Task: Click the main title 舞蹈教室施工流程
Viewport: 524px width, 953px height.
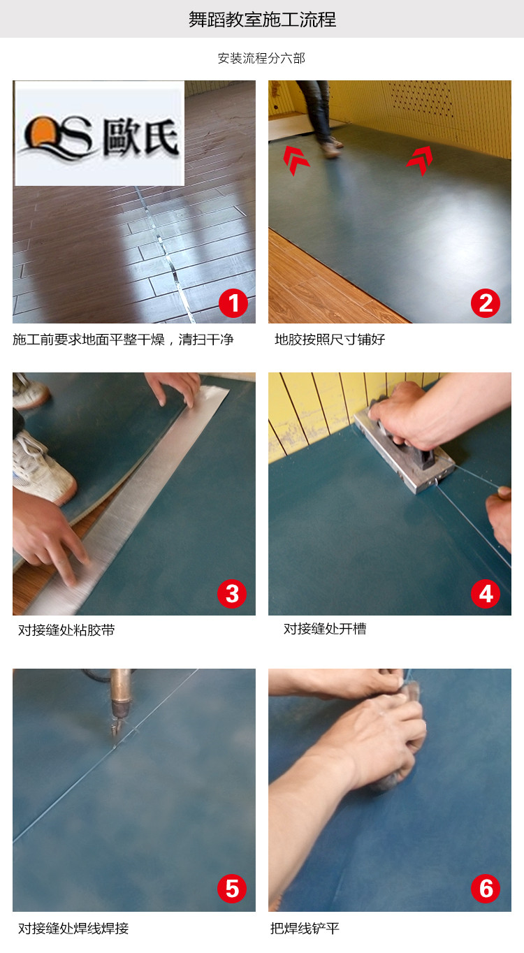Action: pos(262,20)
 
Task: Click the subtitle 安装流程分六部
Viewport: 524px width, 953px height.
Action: pos(261,59)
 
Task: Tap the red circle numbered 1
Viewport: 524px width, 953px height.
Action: pos(233,303)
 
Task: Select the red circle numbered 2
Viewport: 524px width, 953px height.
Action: pos(486,303)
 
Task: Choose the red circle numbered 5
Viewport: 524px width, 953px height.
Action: pos(233,889)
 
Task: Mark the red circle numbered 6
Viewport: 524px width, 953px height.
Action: pos(486,889)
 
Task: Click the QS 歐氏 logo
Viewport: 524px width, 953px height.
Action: pos(99,134)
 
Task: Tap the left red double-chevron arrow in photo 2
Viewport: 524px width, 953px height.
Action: pos(296,159)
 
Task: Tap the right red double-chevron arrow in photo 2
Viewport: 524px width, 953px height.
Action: pos(419,160)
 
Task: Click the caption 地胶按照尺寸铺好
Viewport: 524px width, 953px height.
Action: pos(330,340)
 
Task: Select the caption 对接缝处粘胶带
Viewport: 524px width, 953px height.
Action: pos(66,630)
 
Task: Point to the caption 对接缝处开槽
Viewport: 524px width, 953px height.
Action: pos(325,629)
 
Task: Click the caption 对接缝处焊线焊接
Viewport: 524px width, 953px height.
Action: pos(73,929)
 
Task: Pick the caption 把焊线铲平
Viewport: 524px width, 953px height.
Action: pos(305,929)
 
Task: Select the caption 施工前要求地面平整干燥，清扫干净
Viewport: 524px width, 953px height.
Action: pos(123,340)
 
